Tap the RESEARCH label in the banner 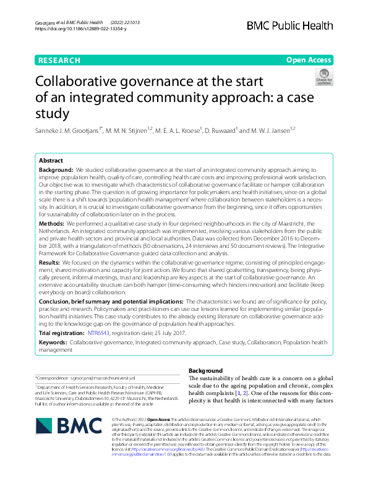pyautogui.click(x=59, y=61)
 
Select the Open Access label pyautogui.click(x=309, y=61)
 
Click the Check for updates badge pyautogui.click(x=323, y=77)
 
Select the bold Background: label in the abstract pyautogui.click(x=56, y=169)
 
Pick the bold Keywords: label pyautogui.click(x=53, y=341)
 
